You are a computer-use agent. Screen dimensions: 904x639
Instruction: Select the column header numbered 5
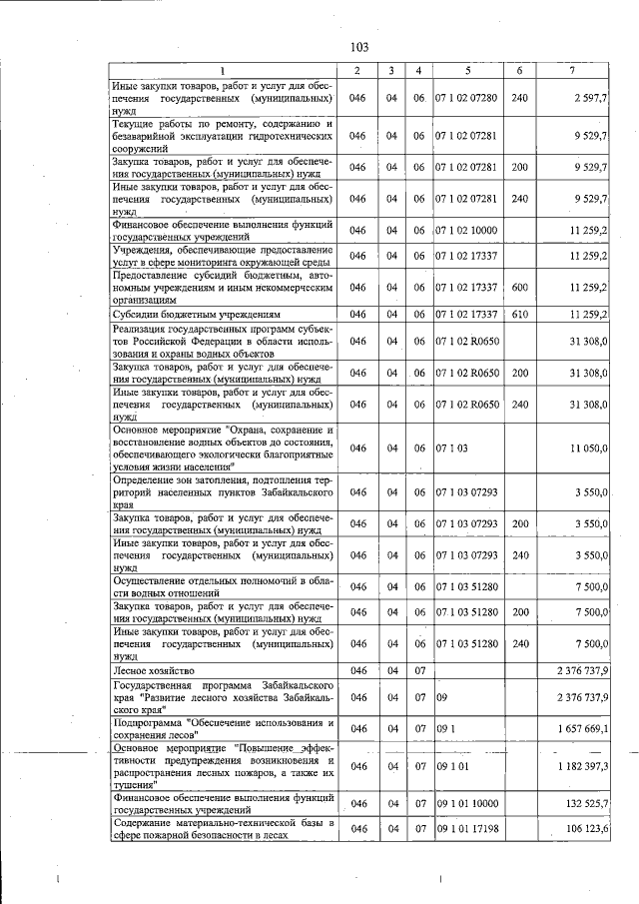(466, 69)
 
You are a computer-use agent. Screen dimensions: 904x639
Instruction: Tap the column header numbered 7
(570, 69)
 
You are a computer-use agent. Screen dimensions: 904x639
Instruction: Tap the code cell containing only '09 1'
(444, 729)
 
